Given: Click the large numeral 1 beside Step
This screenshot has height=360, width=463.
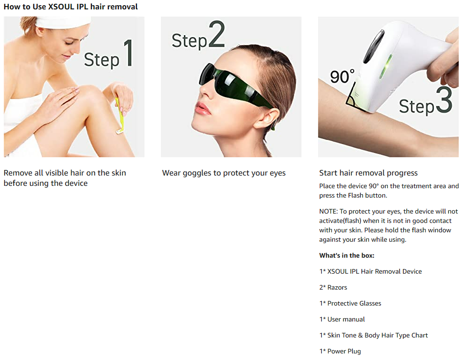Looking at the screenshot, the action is point(128,53).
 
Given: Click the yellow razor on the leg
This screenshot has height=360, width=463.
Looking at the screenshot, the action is point(119,115).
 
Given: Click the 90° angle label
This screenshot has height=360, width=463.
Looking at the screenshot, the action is point(342,77).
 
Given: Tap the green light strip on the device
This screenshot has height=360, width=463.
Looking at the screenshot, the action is point(385,67).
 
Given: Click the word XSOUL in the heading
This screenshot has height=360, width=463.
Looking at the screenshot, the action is point(61,7).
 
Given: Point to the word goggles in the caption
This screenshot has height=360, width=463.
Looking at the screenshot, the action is point(197,173).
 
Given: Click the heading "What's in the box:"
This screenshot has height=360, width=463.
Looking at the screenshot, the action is point(347,255).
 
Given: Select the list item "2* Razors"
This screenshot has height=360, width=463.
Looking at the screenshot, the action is point(333,287).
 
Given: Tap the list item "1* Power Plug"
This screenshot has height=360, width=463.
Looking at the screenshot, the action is point(340,351).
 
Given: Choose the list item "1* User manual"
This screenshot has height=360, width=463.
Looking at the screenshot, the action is point(342,319).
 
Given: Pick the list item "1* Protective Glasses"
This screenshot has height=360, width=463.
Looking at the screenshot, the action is point(350,303).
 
